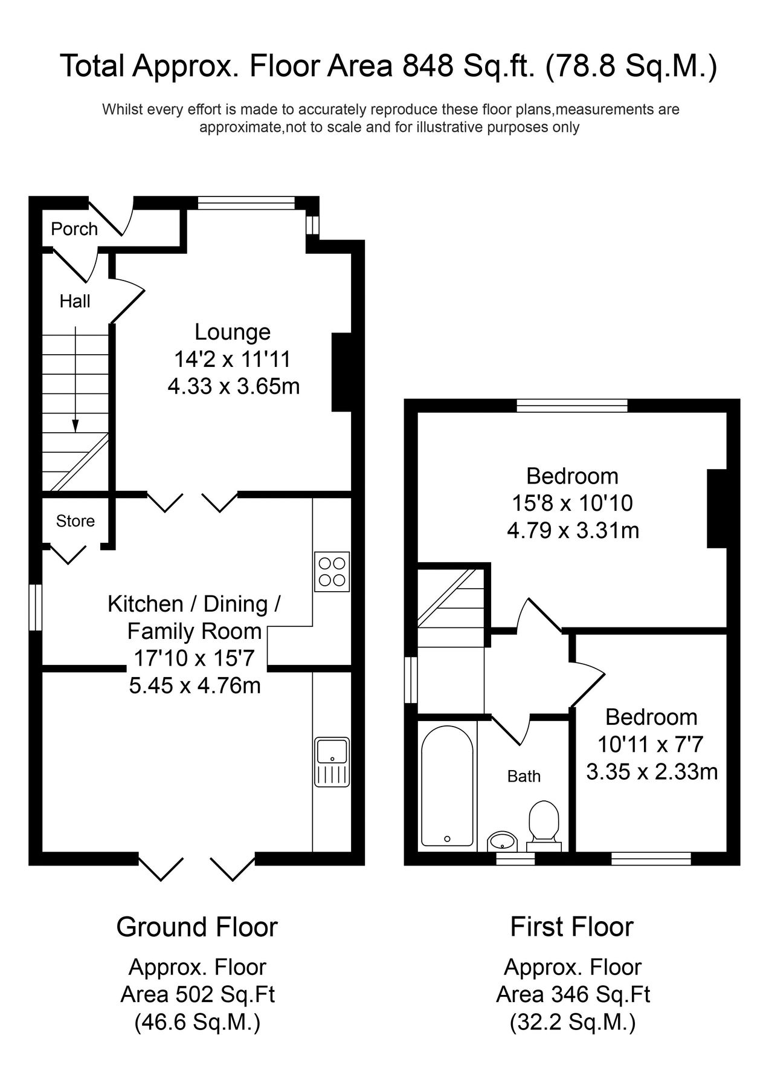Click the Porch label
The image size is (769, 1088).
[x=74, y=229]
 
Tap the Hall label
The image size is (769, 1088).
[x=75, y=301]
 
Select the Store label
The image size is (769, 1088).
[x=76, y=521]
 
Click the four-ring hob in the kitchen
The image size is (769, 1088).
[x=332, y=571]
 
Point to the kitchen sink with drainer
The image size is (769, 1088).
[x=332, y=761]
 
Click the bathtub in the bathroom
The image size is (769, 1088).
[x=447, y=786]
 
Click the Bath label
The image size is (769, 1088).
[x=524, y=776]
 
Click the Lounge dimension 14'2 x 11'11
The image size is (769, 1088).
[x=233, y=360]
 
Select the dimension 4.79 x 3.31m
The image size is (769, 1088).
[x=573, y=531]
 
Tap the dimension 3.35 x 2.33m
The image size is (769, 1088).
[x=652, y=772]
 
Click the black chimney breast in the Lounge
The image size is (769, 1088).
[x=342, y=372]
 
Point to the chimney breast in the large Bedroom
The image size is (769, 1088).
[x=716, y=508]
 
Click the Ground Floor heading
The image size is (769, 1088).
[x=197, y=927]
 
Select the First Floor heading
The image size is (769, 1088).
[x=571, y=927]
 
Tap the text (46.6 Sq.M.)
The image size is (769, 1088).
[x=197, y=1022]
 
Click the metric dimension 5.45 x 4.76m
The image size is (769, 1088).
[x=195, y=685]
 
